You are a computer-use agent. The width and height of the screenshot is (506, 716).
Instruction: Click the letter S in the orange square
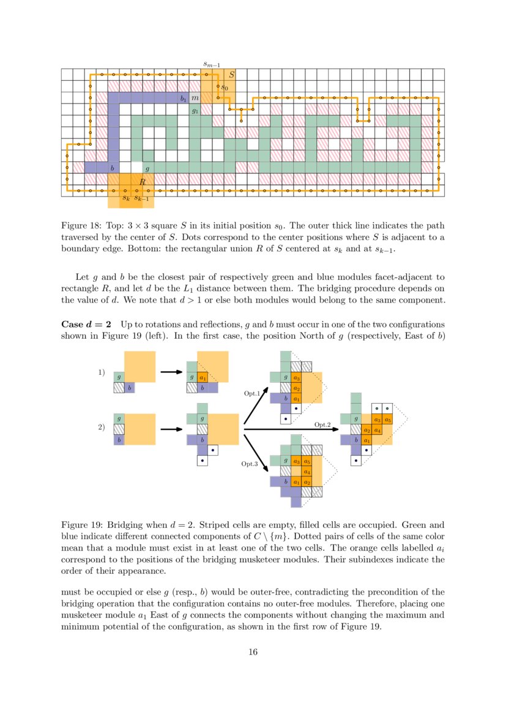pyautogui.click(x=231, y=75)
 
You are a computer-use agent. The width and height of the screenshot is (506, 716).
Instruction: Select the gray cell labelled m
pyautogui.click(x=195, y=98)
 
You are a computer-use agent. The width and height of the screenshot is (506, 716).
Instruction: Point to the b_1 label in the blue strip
pyautogui.click(x=183, y=98)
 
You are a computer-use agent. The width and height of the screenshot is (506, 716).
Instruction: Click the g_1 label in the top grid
pyautogui.click(x=195, y=111)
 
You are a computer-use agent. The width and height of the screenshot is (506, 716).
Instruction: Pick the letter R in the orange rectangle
pyautogui.click(x=142, y=182)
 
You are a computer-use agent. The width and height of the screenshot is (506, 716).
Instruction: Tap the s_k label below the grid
pyautogui.click(x=125, y=197)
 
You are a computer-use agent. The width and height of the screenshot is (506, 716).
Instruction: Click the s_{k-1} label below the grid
pyautogui.click(x=141, y=197)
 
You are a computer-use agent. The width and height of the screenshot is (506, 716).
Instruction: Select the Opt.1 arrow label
pyautogui.click(x=251, y=393)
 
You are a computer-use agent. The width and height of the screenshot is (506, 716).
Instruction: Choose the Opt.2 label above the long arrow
pyautogui.click(x=322, y=424)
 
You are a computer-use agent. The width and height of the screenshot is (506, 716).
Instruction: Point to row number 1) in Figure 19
pyautogui.click(x=102, y=372)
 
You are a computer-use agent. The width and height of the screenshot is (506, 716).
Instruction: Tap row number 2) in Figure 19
pyautogui.click(x=102, y=428)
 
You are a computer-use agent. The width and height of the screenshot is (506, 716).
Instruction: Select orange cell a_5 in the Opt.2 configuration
pyautogui.click(x=388, y=420)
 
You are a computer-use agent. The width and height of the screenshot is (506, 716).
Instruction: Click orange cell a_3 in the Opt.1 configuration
pyautogui.click(x=296, y=378)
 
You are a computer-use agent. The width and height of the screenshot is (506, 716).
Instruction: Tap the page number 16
pyautogui.click(x=253, y=652)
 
